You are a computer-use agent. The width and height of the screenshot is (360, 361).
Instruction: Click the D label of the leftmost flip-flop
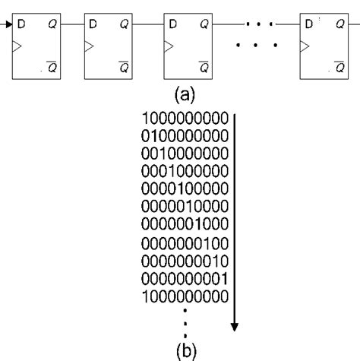coord(21,27)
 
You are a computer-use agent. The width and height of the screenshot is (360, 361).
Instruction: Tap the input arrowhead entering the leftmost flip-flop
coord(8,27)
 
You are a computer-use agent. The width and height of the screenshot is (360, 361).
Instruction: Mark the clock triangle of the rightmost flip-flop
coord(305,47)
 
